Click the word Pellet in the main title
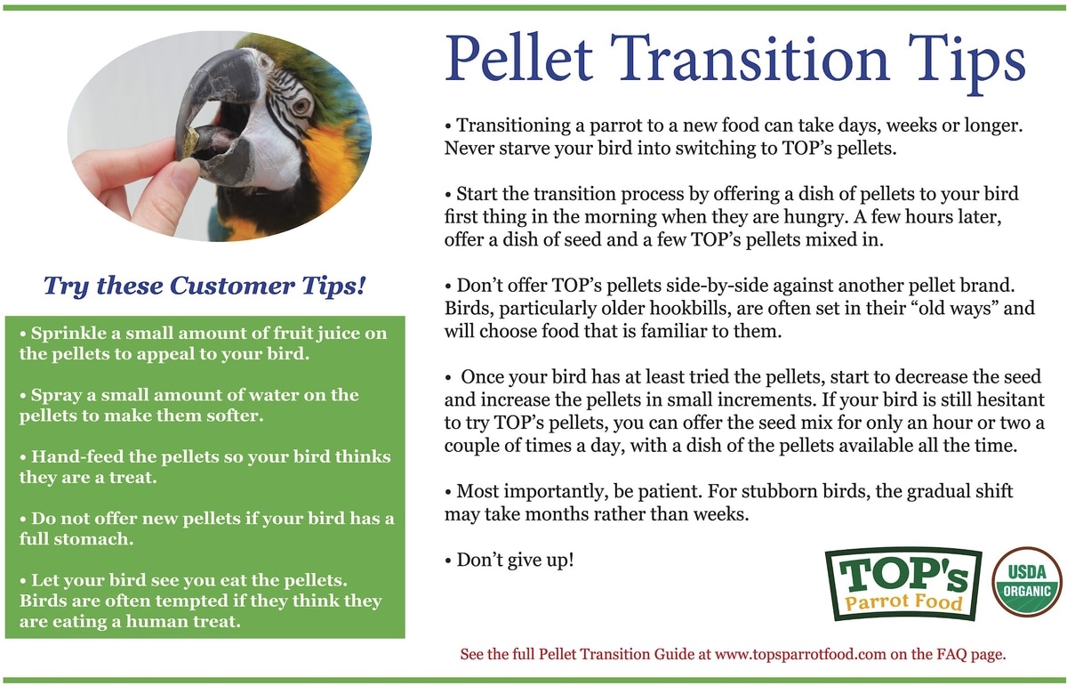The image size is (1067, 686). pyautogui.click(x=519, y=58)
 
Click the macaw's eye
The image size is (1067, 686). pyautogui.click(x=301, y=106)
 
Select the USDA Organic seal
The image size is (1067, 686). pyautogui.click(x=1028, y=582)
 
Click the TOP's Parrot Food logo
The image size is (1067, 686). pyautogui.click(x=903, y=584)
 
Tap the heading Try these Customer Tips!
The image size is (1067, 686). pyautogui.click(x=205, y=286)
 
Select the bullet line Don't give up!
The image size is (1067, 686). pyautogui.click(x=509, y=561)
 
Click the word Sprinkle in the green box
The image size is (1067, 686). pyautogui.click(x=69, y=334)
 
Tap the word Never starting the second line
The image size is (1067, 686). pyautogui.click(x=469, y=149)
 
